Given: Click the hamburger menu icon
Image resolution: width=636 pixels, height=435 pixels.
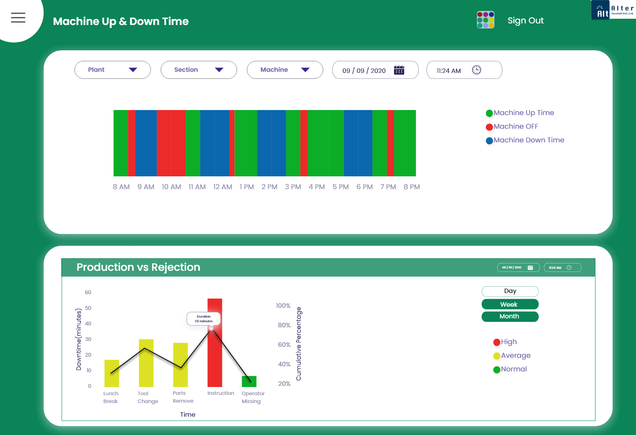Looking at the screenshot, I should pyautogui.click(x=18, y=18).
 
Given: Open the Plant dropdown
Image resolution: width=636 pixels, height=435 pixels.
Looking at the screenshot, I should pyautogui.click(x=112, y=70).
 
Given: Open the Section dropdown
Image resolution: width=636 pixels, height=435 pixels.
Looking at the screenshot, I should pyautogui.click(x=198, y=70).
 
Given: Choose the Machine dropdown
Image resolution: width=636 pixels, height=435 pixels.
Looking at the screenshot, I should pyautogui.click(x=285, y=70).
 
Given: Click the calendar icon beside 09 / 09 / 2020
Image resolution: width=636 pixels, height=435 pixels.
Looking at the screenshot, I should pyautogui.click(x=399, y=70).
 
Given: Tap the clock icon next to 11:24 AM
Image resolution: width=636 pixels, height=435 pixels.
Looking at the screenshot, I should pyautogui.click(x=477, y=70).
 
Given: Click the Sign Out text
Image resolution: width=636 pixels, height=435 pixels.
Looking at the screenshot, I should pyautogui.click(x=525, y=21).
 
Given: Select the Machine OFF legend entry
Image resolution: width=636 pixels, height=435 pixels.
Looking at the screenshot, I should pyautogui.click(x=515, y=126).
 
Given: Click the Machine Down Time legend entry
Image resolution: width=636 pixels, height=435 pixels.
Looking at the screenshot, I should pyautogui.click(x=528, y=140).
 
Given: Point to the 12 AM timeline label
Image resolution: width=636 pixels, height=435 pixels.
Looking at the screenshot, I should pyautogui.click(x=223, y=187).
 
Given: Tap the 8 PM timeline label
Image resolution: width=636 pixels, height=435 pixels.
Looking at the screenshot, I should pyautogui.click(x=412, y=187).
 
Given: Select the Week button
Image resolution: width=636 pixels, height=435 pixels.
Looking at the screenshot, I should pyautogui.click(x=510, y=304).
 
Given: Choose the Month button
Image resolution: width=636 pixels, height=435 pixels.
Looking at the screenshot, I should pyautogui.click(x=510, y=316).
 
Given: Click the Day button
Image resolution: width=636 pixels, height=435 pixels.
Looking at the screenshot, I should pyautogui.click(x=510, y=291).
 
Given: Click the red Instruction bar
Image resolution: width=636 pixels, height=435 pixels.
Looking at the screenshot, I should pyautogui.click(x=215, y=359).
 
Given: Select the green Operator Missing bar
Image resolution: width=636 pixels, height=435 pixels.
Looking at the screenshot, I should pyautogui.click(x=249, y=381).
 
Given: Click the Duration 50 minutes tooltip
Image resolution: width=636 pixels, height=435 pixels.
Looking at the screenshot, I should pyautogui.click(x=204, y=319).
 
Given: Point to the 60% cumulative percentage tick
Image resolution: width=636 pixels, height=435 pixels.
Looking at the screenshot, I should pyautogui.click(x=284, y=345).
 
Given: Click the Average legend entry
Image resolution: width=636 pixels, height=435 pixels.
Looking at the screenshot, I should pyautogui.click(x=515, y=355).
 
